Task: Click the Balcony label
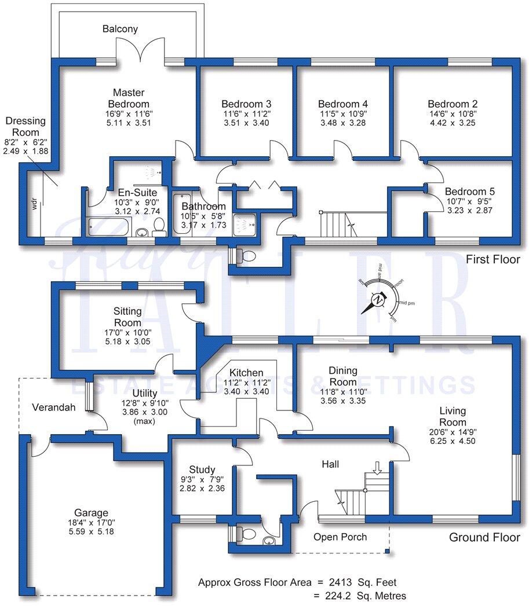(120, 28)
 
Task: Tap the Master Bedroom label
(129, 98)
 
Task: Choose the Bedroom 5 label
(469, 192)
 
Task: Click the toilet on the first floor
(246, 255)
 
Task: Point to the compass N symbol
(378, 300)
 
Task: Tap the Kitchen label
(246, 373)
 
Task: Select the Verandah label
(54, 407)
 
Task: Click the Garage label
(91, 513)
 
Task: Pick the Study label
(202, 470)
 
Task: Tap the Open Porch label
(340, 537)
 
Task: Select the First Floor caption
(492, 260)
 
